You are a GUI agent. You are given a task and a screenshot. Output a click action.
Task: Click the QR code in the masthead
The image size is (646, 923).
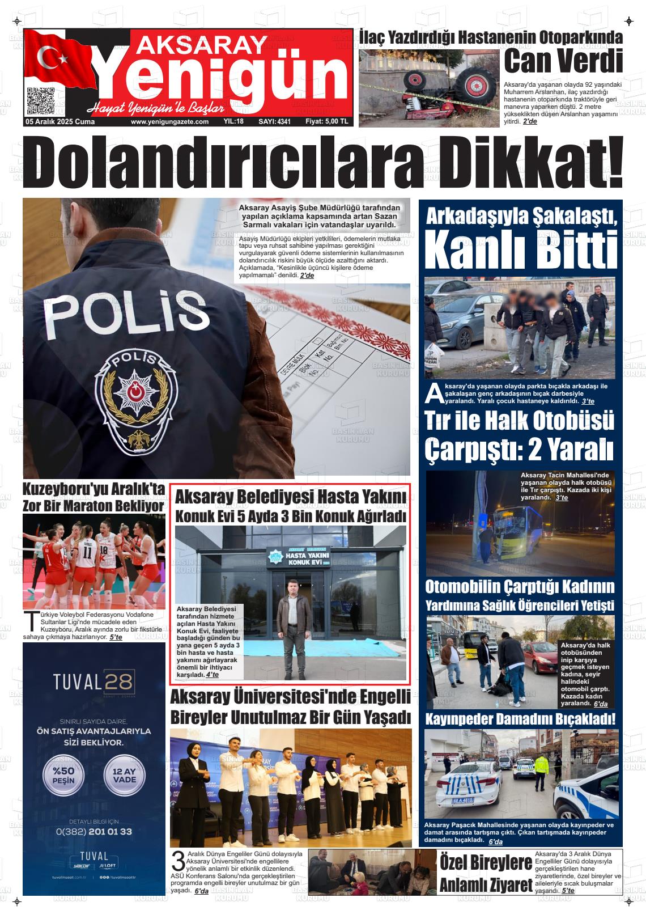pos(40,100)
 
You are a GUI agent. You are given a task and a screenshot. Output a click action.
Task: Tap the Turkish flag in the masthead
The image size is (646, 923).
pos(57,57)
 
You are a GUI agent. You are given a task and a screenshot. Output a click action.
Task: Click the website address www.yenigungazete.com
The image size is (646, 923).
pos(169,122)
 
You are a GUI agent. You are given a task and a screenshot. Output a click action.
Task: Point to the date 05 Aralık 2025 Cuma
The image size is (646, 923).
pos(59,122)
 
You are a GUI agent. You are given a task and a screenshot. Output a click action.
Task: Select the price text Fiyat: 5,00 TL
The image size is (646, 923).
pos(326,122)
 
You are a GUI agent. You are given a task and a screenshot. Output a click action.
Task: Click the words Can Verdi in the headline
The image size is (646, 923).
pos(563,61)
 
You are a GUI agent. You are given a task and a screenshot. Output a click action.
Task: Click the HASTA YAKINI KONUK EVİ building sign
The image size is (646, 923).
pos(291,557)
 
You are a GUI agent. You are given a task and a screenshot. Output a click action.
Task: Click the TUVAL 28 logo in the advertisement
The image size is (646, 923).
pos(93,681)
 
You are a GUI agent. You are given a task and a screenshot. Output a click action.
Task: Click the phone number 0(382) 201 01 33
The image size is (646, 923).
pos(93,832)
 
